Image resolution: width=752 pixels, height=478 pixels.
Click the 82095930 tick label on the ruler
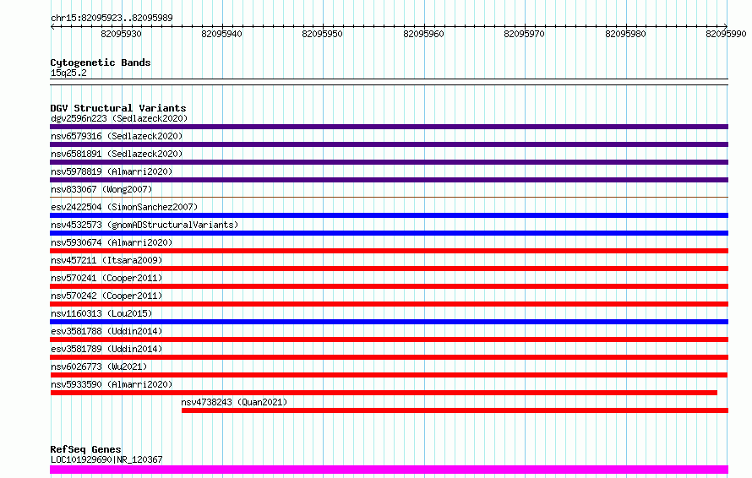pos(121,34)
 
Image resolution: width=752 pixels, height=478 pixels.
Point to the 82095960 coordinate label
pos(423,34)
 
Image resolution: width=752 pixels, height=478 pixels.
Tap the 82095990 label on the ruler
pos(726,34)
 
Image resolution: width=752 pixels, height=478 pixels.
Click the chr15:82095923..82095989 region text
pos(112,18)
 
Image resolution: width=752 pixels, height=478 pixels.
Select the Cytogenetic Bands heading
pos(101,62)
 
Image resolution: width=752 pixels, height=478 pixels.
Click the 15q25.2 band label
pos(68,73)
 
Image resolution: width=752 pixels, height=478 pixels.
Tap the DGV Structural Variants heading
pos(118,108)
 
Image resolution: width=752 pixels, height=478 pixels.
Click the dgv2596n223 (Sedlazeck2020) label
pos(119,118)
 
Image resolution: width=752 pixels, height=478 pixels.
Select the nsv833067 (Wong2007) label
pos(101,189)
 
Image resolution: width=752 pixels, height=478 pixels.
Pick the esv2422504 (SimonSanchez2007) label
pos(124,207)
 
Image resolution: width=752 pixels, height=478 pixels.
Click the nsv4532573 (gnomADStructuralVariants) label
pos(144,225)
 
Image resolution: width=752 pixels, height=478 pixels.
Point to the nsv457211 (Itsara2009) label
pos(106,260)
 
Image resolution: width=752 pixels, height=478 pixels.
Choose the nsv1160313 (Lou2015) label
pos(101,313)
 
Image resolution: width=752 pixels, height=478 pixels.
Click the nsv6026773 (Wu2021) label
pos(99,367)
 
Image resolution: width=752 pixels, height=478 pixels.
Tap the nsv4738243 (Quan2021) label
pos(234,402)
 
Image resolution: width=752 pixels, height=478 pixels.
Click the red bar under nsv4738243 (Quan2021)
pos(455,410)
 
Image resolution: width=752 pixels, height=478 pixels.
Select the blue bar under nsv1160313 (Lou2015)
pos(389,322)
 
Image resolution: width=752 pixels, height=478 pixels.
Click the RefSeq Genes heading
pos(85,449)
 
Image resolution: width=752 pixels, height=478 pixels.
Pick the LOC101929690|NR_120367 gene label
pos(106,459)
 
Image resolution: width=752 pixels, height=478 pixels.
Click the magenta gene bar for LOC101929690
pos(389,470)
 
